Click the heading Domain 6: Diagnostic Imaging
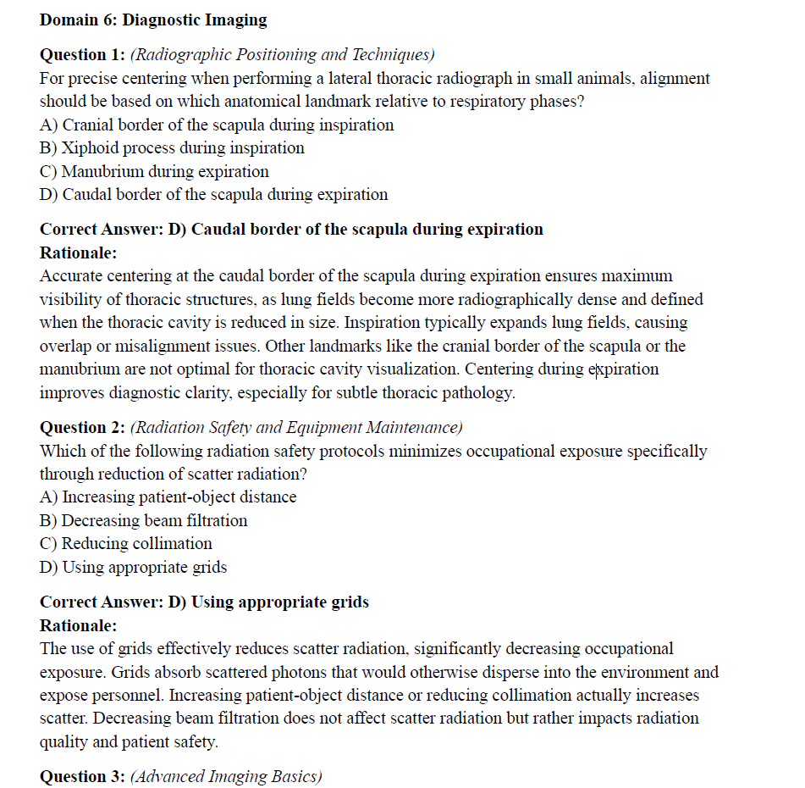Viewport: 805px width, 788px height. tap(153, 19)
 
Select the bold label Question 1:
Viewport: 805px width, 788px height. tap(83, 55)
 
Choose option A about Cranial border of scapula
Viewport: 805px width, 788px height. tap(217, 125)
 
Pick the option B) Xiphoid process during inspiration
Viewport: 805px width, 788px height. tap(172, 147)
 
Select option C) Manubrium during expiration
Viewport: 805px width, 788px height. tap(154, 171)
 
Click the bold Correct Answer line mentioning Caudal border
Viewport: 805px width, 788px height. tap(291, 230)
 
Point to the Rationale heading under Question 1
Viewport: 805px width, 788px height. tap(78, 252)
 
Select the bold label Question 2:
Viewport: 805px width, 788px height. tap(83, 428)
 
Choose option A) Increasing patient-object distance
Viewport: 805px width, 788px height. tap(168, 497)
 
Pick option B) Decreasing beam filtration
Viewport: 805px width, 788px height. tap(143, 520)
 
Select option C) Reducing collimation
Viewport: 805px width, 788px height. tap(125, 544)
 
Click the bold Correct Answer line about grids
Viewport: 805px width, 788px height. tap(204, 602)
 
